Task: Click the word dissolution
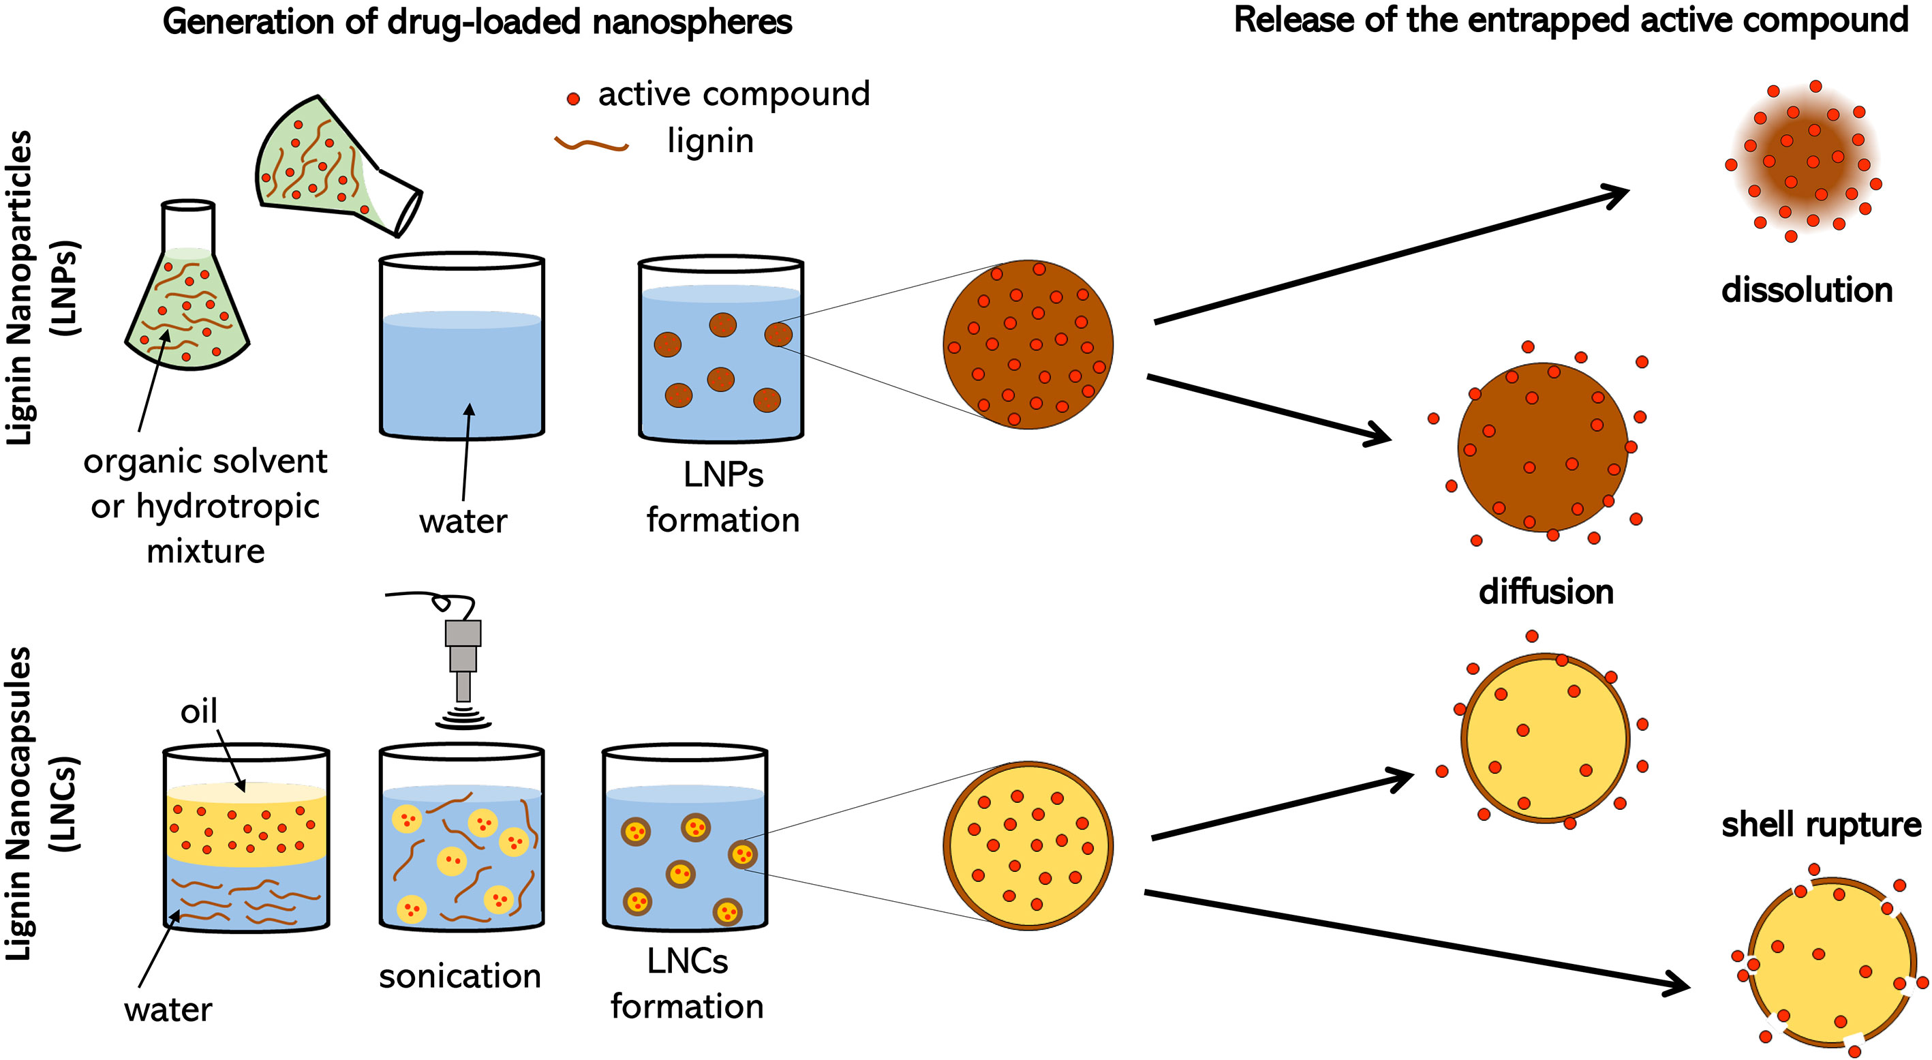pos(1806,290)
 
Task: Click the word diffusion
pos(1546,592)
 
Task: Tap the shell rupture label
pos(1820,824)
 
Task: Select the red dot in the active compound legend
pos(573,98)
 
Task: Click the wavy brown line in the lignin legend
pos(591,144)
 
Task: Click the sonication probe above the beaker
pos(463,652)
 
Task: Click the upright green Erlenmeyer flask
pos(187,300)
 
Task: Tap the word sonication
pos(460,976)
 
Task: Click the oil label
pos(199,711)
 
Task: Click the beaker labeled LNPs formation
pos(721,350)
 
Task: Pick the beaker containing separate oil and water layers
pos(246,838)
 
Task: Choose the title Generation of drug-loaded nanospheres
pos(477,22)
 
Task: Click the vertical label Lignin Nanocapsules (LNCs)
pos(42,803)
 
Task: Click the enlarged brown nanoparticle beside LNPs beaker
pos(1028,345)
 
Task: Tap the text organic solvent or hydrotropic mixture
pos(206,506)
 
